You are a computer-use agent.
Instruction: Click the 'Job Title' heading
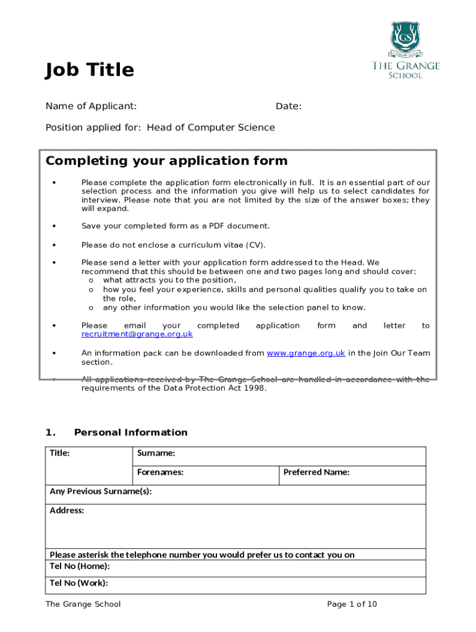(89, 70)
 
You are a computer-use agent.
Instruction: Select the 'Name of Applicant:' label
(91, 106)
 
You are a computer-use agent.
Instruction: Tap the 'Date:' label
(289, 106)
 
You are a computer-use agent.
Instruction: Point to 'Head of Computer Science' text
(210, 128)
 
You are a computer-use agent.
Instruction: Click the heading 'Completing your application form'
(166, 161)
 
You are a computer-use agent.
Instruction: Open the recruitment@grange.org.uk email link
(137, 334)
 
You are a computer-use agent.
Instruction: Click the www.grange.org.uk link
(305, 353)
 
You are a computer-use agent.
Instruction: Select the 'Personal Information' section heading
(130, 432)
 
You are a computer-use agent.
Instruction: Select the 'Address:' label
(67, 511)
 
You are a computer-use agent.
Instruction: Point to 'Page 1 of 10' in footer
(351, 604)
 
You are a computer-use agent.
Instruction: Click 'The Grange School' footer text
(83, 604)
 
